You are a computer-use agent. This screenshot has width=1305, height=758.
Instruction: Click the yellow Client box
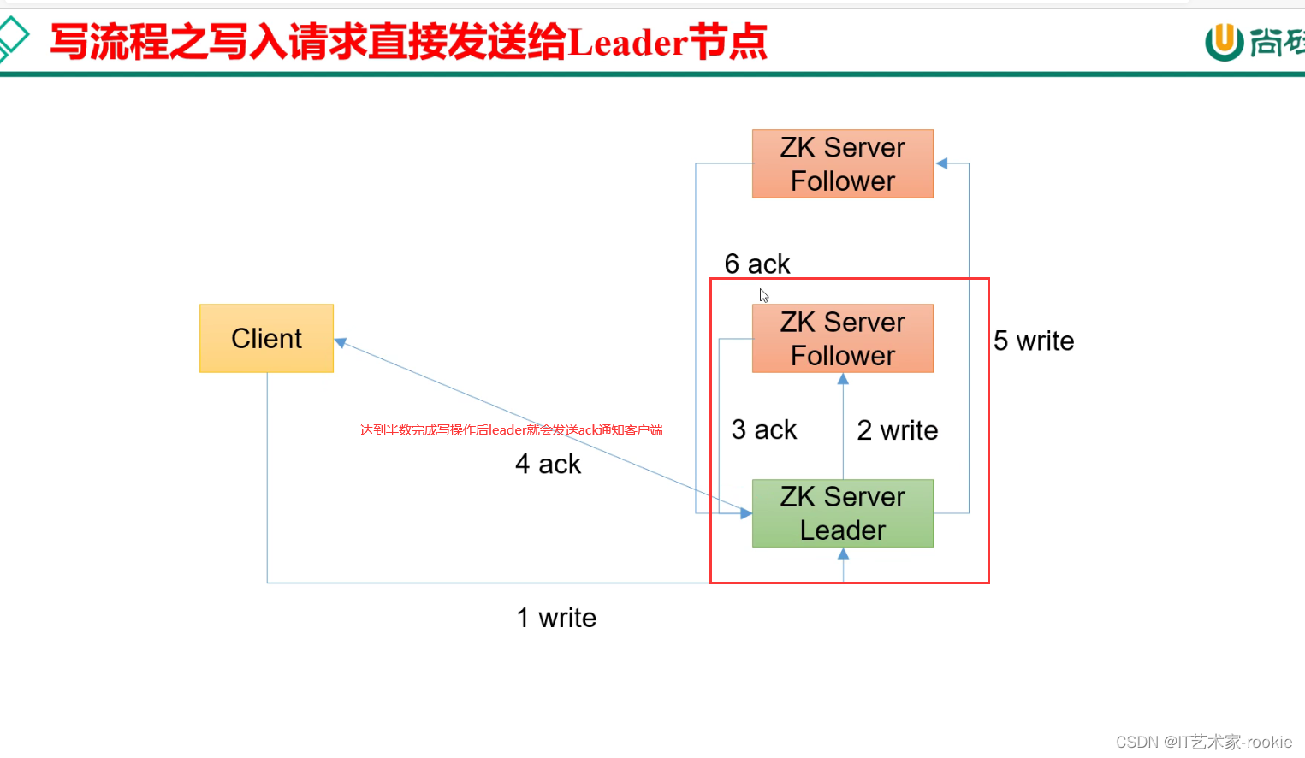[x=266, y=338]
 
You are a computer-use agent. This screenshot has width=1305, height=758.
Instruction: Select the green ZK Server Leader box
[x=842, y=513]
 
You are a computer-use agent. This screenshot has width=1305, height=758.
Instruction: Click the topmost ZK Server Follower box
[x=842, y=163]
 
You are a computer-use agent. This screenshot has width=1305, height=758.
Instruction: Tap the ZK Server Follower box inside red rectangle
[x=842, y=338]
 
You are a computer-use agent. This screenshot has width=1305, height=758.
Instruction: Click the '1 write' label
[x=556, y=618]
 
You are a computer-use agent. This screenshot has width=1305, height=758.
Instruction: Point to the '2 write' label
[x=897, y=430]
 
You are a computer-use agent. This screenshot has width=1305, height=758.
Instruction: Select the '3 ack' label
[x=763, y=429]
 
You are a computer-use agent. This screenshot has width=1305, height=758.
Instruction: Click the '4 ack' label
[x=548, y=465]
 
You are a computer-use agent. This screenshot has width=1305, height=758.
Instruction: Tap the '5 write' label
[x=1033, y=341]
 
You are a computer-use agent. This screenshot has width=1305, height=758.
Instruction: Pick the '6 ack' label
[x=756, y=264]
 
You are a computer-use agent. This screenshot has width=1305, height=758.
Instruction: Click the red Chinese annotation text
[x=511, y=430]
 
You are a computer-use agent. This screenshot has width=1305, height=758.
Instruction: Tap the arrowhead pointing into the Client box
[x=341, y=342]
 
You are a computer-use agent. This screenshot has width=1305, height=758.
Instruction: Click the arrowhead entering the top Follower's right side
[x=941, y=163]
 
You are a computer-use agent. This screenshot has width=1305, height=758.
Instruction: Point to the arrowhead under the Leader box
[x=843, y=554]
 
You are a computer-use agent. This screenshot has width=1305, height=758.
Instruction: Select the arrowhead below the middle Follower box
[x=843, y=379]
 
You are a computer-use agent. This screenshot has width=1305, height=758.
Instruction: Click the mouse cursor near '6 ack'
[x=763, y=295]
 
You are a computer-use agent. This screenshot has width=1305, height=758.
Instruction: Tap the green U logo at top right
[x=1224, y=41]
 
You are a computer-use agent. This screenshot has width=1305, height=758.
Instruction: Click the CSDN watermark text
[x=1203, y=742]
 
